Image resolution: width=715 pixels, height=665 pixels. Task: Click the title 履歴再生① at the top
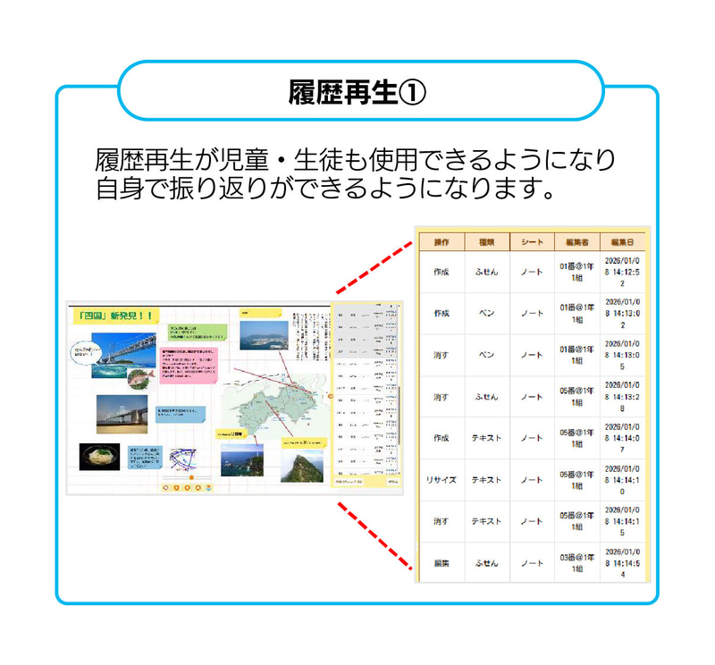point(357,92)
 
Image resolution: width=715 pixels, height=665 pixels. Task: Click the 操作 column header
point(442,242)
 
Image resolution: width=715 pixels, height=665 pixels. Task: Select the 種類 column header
point(486,242)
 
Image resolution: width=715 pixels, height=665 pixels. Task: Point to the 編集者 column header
point(576,242)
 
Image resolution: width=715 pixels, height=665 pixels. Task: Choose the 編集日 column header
point(623,242)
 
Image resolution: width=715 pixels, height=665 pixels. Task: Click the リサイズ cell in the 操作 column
point(442,480)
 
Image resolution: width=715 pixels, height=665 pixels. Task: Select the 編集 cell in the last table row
point(442,564)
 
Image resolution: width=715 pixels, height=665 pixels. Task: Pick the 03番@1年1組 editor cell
point(576,563)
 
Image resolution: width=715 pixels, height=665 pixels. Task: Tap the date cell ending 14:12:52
point(623,272)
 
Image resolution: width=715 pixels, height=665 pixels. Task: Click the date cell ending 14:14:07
point(623,438)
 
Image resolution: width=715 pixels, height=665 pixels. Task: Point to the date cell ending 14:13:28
point(623,396)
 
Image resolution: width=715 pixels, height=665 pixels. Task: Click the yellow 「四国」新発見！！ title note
point(116,316)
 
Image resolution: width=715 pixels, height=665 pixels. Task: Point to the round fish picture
point(136,380)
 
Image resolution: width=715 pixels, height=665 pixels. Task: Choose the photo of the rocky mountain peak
point(301,465)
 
